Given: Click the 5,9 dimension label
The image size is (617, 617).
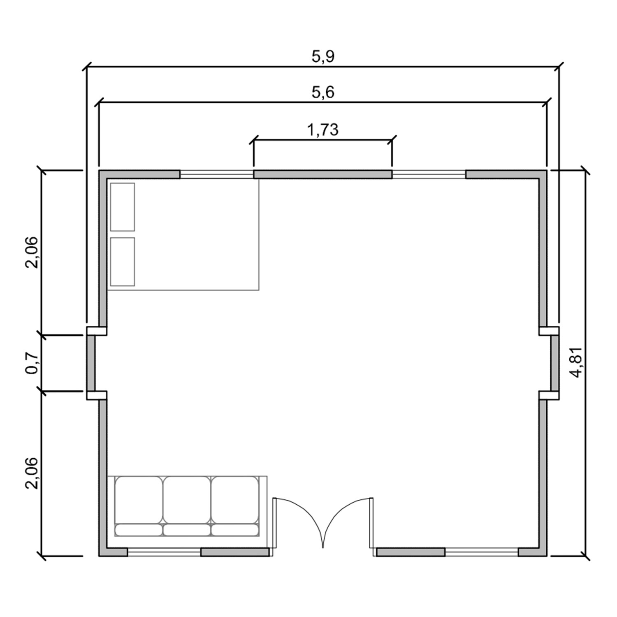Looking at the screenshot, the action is coord(323,57).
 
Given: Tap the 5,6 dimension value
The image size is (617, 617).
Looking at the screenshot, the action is coord(323,93).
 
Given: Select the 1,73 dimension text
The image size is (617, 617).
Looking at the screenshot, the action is coord(323,130).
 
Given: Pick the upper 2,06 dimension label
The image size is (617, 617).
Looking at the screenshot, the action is coord(32,253).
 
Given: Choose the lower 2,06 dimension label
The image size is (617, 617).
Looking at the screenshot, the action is coord(32,473).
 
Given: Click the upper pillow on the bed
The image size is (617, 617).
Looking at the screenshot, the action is coord(123,207).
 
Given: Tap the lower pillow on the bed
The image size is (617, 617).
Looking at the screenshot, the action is coord(123,262).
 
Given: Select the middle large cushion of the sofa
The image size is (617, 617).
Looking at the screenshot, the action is coord(187,500).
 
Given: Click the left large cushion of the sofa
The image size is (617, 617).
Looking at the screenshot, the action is coord(139,500).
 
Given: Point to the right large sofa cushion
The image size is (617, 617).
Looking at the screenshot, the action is coord(235,500).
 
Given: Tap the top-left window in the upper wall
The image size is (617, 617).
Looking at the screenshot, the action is coord(217,174).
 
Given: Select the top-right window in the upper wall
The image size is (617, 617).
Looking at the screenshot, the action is coord(429,174).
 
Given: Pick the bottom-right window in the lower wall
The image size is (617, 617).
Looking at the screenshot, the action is coord(482,552).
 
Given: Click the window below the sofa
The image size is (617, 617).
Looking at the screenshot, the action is coord(164,552).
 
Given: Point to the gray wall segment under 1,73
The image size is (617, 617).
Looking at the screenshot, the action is coord(323,174).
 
